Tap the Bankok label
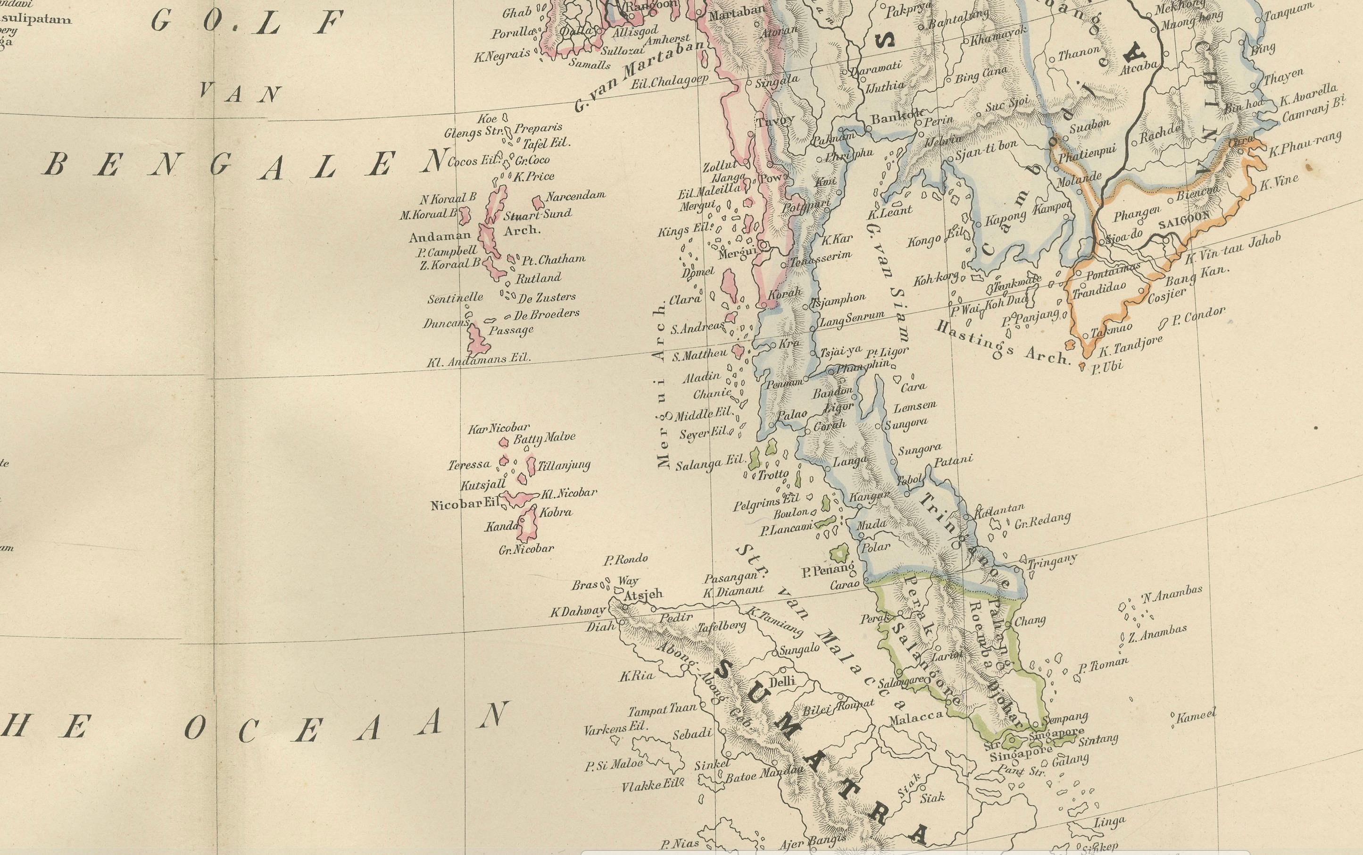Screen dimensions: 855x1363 (x=891, y=119)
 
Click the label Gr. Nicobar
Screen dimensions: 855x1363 (x=526, y=548)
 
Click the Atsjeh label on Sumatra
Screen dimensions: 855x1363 (x=643, y=595)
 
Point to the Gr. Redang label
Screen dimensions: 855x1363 (x=1042, y=521)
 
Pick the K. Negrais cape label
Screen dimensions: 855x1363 (x=502, y=54)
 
